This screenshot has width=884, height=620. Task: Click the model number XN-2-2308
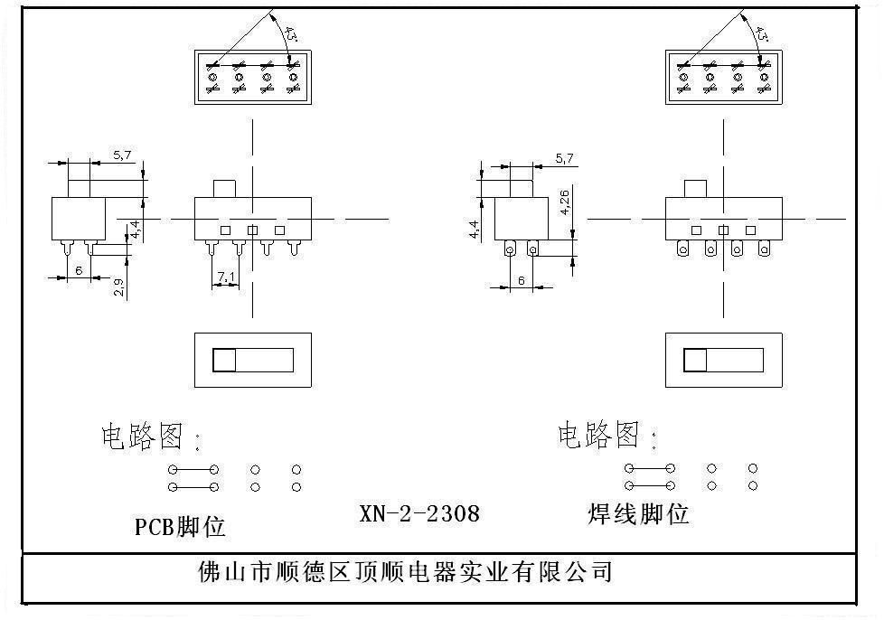[419, 514]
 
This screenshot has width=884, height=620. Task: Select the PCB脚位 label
[180, 526]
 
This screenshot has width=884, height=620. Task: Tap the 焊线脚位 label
[637, 514]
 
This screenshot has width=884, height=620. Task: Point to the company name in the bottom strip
[405, 572]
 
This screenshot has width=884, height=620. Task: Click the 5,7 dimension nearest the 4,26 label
[564, 158]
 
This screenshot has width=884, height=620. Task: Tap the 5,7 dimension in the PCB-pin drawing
[122, 155]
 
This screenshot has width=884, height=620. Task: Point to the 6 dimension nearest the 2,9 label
[79, 270]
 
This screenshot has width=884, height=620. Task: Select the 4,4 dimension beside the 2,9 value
[135, 230]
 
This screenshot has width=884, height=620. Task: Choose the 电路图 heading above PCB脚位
[141, 437]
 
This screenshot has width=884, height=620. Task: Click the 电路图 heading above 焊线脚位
[598, 436]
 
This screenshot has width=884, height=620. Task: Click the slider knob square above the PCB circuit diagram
[224, 361]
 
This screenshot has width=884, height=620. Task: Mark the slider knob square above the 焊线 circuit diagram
[695, 361]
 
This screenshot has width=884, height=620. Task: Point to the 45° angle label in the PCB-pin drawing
[291, 34]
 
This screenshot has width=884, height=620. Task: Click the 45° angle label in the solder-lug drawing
[761, 34]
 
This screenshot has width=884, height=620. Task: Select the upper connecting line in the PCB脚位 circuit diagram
[193, 470]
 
